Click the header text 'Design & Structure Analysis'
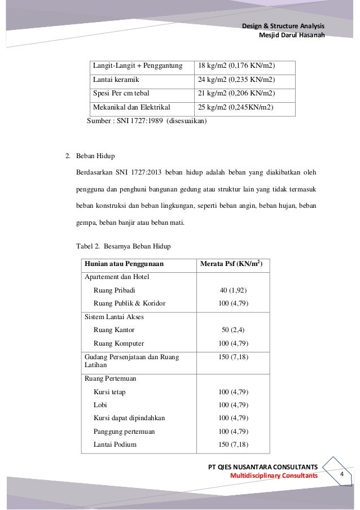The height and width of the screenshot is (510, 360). coord(283,27)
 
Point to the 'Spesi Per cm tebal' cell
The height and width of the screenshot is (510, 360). coord(121,93)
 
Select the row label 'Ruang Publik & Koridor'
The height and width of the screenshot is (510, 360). coord(130,303)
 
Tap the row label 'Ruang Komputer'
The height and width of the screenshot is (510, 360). coord(119,343)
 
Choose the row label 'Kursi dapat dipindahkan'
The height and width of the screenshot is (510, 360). coord(134,418)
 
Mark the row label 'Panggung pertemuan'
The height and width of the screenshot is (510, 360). coord(124,431)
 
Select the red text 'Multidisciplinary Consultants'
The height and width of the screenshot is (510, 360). coord(275,477)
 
